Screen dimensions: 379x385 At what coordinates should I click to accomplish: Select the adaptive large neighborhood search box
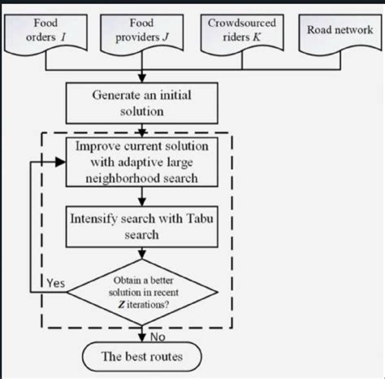(x=145, y=161)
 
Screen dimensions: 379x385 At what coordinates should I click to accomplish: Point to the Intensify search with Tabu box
(x=145, y=225)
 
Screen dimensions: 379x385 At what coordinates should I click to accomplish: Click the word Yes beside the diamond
(x=54, y=285)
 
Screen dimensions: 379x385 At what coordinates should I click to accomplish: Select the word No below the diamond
(x=158, y=335)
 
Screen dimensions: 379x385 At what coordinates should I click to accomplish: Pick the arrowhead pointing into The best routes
(x=145, y=341)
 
